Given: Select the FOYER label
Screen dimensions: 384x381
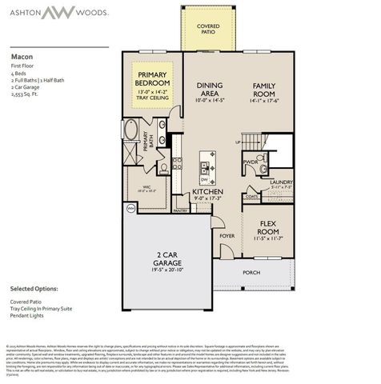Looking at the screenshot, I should click(227, 236).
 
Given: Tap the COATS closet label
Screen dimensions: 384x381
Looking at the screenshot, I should click(253, 196).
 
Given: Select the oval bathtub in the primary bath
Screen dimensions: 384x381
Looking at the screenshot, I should click(130, 131).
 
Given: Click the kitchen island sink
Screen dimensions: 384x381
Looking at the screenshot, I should click(206, 169).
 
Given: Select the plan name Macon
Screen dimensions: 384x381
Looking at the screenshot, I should click(21, 58).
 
